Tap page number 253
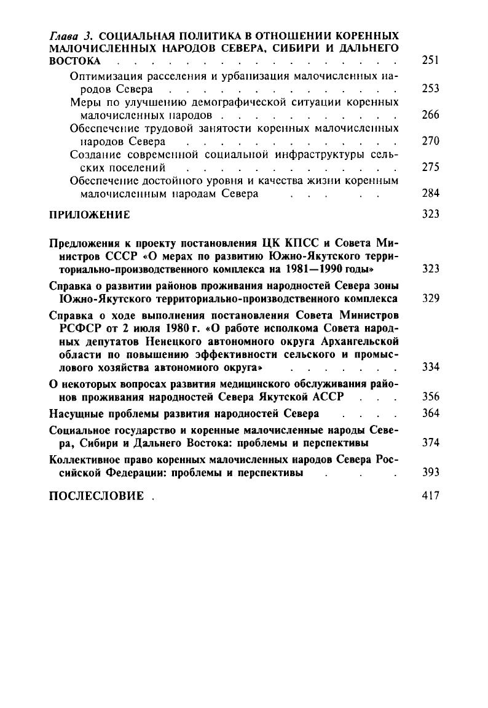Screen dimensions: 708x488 tap(431, 89)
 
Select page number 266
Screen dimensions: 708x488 tap(431, 115)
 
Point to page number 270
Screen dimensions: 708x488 tap(431, 141)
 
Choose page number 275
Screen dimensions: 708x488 tap(431, 167)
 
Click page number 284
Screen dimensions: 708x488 tap(431, 193)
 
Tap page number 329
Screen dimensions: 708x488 tap(431, 298)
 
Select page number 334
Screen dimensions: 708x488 tap(431, 368)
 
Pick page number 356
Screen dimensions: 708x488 tap(431, 397)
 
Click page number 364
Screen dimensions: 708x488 tap(431, 413)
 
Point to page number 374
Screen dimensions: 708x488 tap(431, 443)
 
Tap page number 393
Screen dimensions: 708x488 tap(431, 472)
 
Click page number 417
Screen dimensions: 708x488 tap(431, 495)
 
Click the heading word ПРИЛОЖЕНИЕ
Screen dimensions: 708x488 tap(89, 215)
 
